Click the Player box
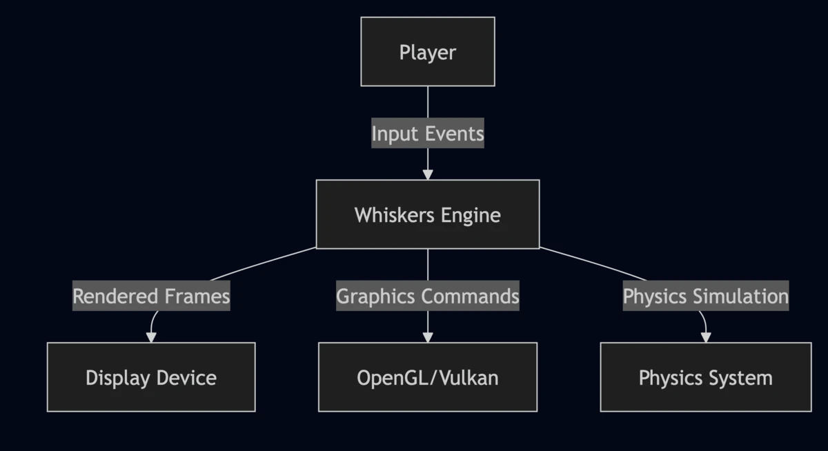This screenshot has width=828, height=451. click(x=427, y=52)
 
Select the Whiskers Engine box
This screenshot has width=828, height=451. click(x=427, y=214)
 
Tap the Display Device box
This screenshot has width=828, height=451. click(x=151, y=377)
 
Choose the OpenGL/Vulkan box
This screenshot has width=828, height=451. click(x=427, y=377)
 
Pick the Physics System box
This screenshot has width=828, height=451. click(x=705, y=377)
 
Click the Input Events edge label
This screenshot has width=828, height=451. click(x=427, y=133)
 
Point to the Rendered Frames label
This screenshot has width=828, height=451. click(x=151, y=296)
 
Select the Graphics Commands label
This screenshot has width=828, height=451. click(x=427, y=296)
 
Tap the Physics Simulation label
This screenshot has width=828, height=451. click(x=705, y=296)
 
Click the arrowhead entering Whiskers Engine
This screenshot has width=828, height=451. click(x=427, y=174)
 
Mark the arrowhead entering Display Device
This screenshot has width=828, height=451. click(x=151, y=337)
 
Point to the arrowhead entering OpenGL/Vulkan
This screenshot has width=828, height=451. click(x=427, y=337)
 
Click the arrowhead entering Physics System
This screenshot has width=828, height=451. click(x=705, y=337)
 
